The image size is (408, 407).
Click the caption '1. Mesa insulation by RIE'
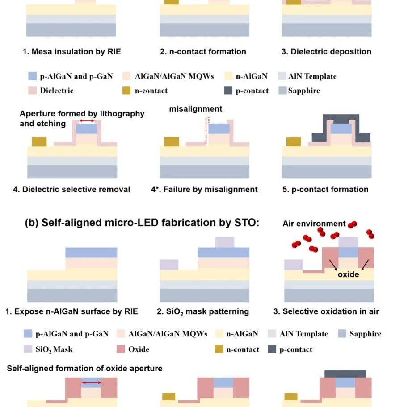(x=72, y=51)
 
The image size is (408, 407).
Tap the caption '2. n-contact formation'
(x=203, y=51)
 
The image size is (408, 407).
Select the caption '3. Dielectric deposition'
(x=326, y=51)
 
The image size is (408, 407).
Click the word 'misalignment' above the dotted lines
(x=195, y=109)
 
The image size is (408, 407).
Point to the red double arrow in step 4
(x=87, y=121)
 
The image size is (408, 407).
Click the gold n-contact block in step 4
(x=39, y=141)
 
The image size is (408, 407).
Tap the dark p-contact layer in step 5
(x=341, y=117)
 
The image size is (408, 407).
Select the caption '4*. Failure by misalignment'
(x=204, y=189)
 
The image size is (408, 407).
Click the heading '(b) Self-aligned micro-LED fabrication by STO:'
(x=142, y=223)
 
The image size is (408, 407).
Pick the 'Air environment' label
(x=314, y=224)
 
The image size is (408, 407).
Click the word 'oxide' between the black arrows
(x=348, y=274)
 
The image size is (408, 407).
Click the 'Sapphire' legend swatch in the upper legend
(x=282, y=91)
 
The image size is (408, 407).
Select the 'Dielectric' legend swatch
(x=32, y=91)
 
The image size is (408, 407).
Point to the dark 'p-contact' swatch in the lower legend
(x=272, y=349)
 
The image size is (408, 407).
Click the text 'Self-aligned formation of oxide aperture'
(x=84, y=369)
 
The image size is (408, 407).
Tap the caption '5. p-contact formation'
(x=325, y=189)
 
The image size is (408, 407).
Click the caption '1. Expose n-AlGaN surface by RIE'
(x=72, y=311)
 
